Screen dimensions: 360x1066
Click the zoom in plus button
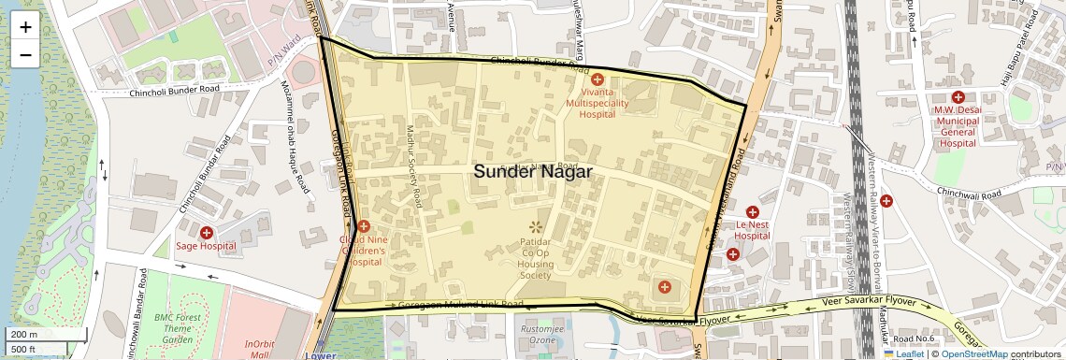(25, 27)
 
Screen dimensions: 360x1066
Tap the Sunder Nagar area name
(532, 171)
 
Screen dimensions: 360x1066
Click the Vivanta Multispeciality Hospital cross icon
(597, 80)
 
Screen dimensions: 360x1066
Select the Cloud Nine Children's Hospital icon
(364, 225)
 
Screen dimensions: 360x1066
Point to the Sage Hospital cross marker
(206, 231)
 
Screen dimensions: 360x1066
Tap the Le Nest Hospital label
(751, 230)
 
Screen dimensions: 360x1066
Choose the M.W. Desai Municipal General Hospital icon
(958, 97)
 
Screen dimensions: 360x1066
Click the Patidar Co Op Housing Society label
(536, 259)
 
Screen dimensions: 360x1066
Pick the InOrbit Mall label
(260, 350)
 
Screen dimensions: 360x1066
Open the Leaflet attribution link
(905, 353)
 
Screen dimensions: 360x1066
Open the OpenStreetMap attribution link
(974, 353)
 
